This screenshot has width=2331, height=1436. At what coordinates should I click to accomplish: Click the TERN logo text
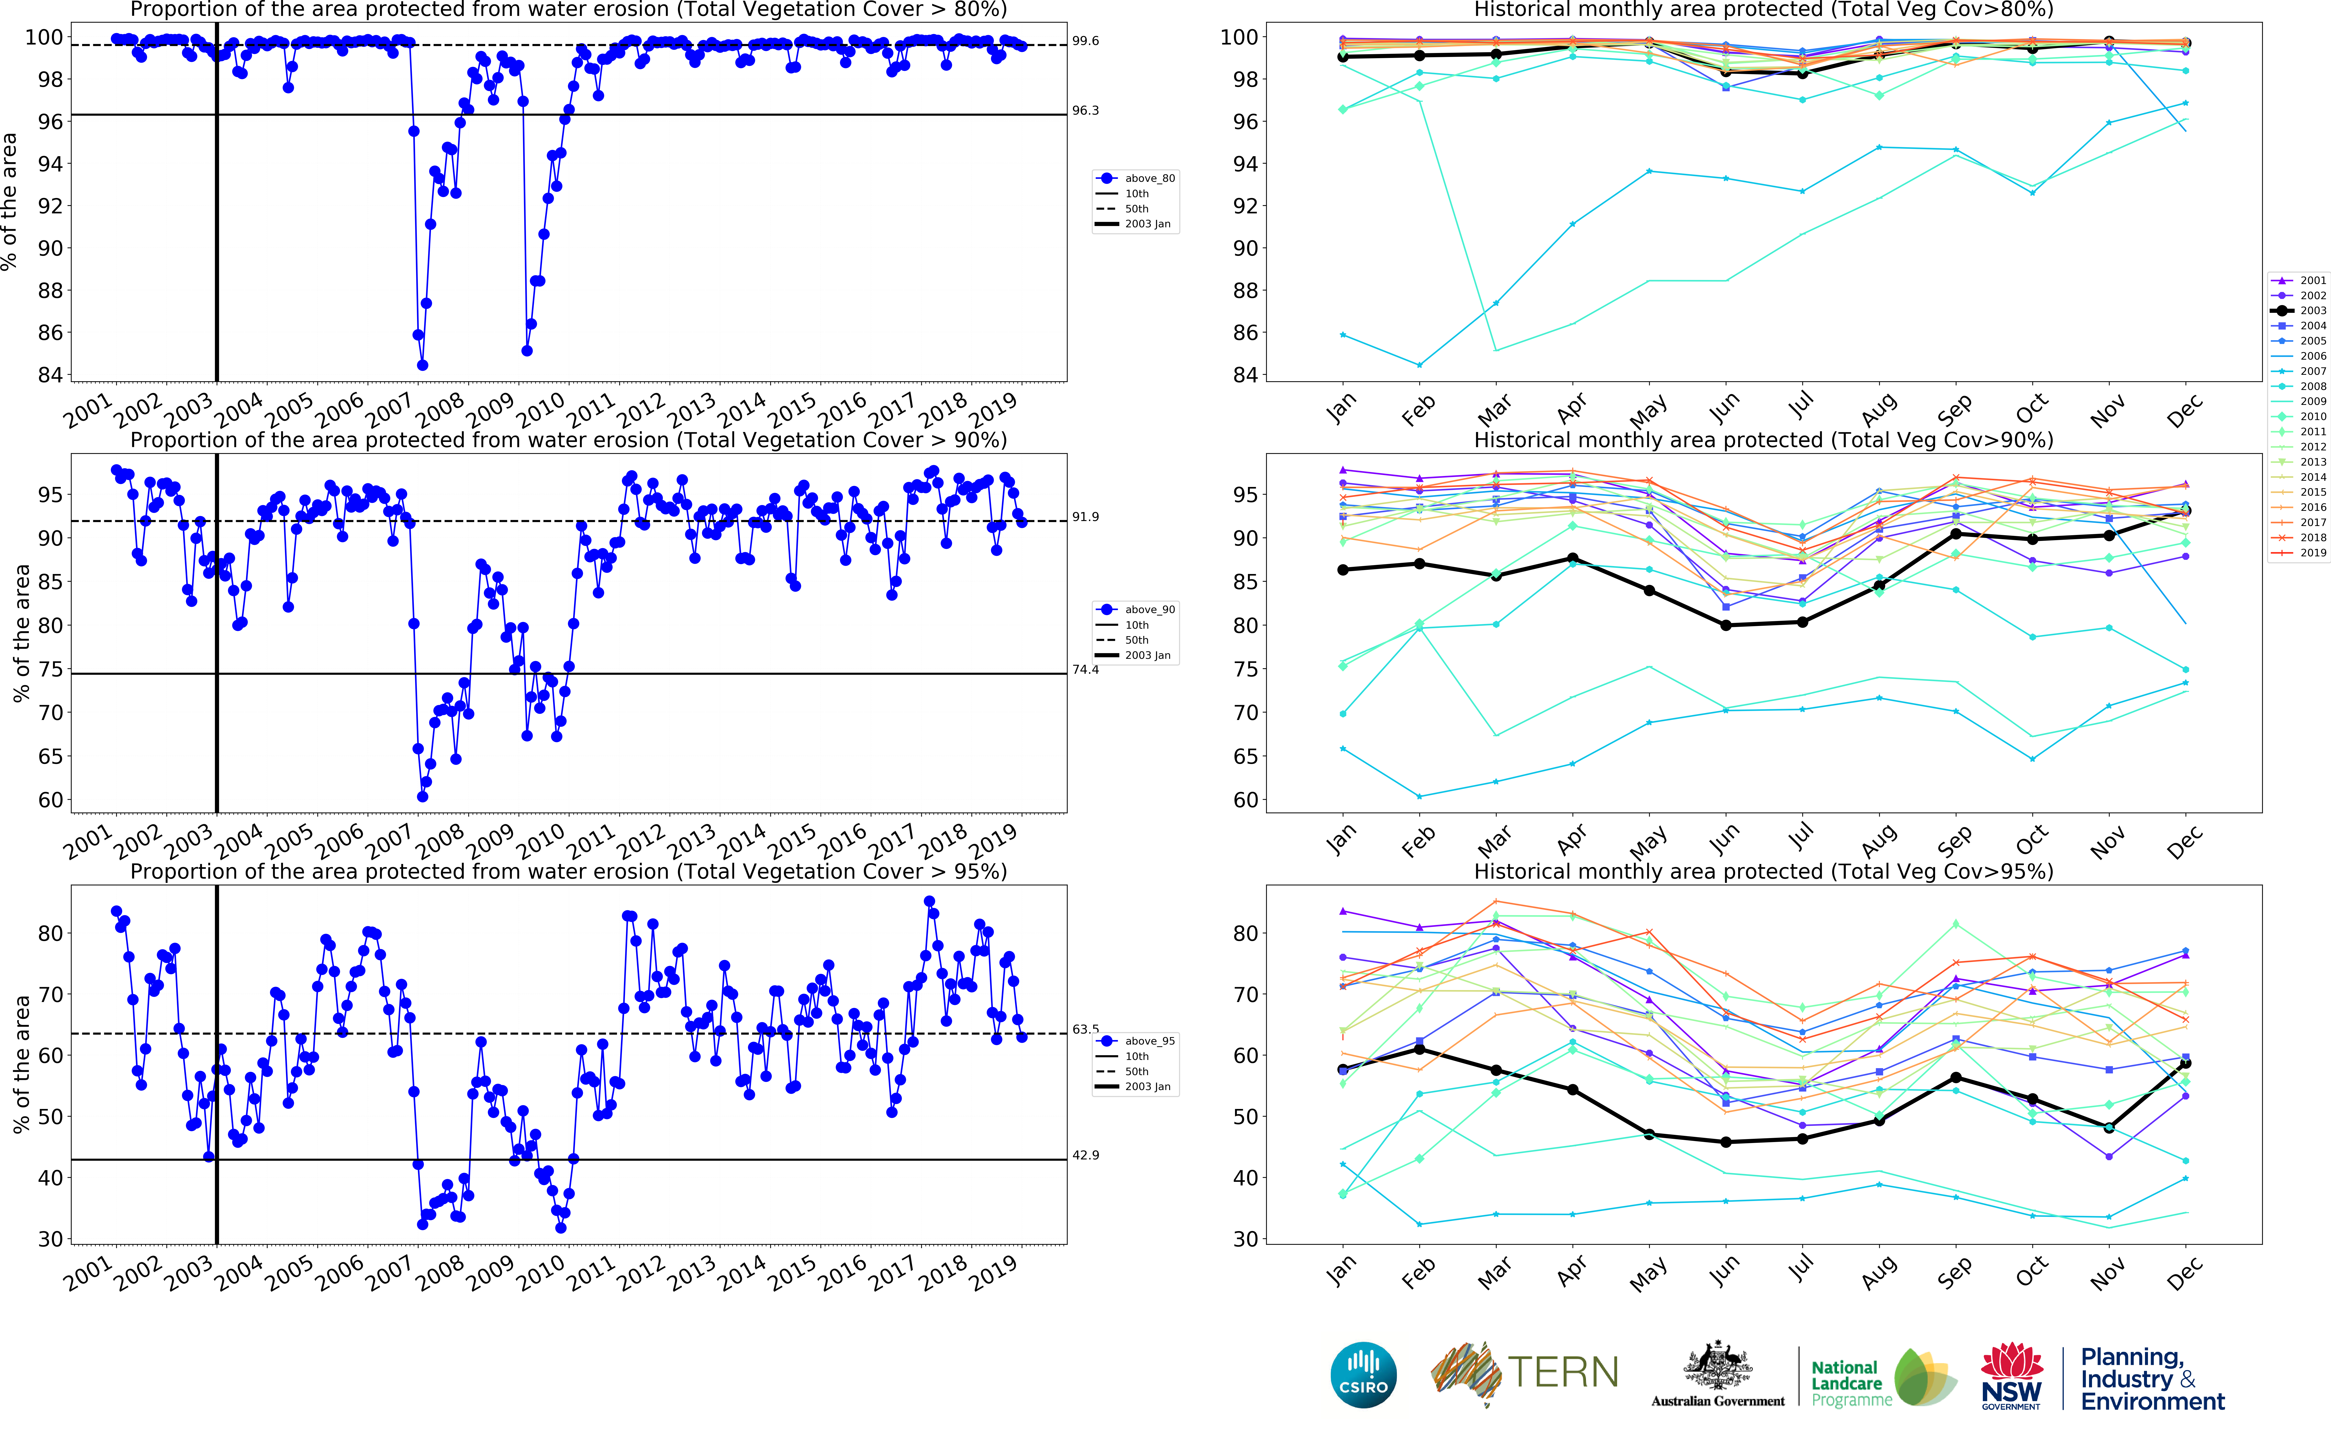[x=1563, y=1372]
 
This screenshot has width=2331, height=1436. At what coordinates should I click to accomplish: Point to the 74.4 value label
[x=1085, y=670]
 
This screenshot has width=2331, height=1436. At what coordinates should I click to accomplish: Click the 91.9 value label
[x=1085, y=517]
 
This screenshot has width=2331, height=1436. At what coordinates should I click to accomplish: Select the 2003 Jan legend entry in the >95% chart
[x=1147, y=1087]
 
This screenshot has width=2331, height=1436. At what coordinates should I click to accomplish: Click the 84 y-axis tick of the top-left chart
[x=50, y=375]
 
